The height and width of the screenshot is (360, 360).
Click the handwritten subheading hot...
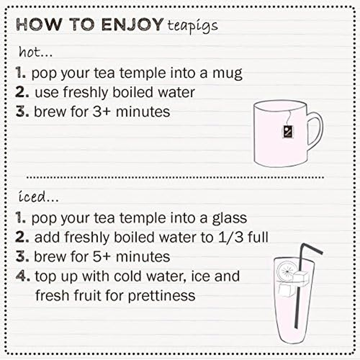[x=36, y=52]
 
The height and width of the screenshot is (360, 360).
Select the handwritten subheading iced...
[x=38, y=197]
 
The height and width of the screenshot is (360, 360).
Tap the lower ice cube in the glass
[x=286, y=291]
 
